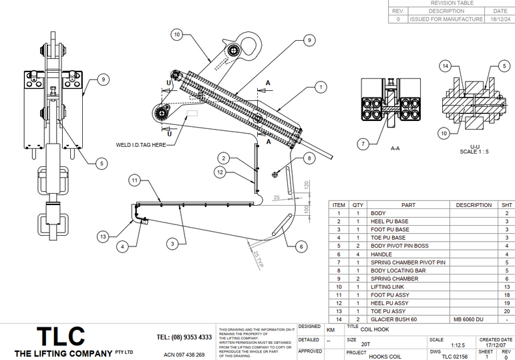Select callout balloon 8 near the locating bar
[309, 158]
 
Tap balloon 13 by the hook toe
[103, 236]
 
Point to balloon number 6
[301, 246]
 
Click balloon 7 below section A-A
[363, 143]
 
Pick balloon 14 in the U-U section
[446, 65]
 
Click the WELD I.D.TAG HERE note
[141, 144]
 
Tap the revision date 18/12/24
[500, 19]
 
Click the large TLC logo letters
[61, 335]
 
